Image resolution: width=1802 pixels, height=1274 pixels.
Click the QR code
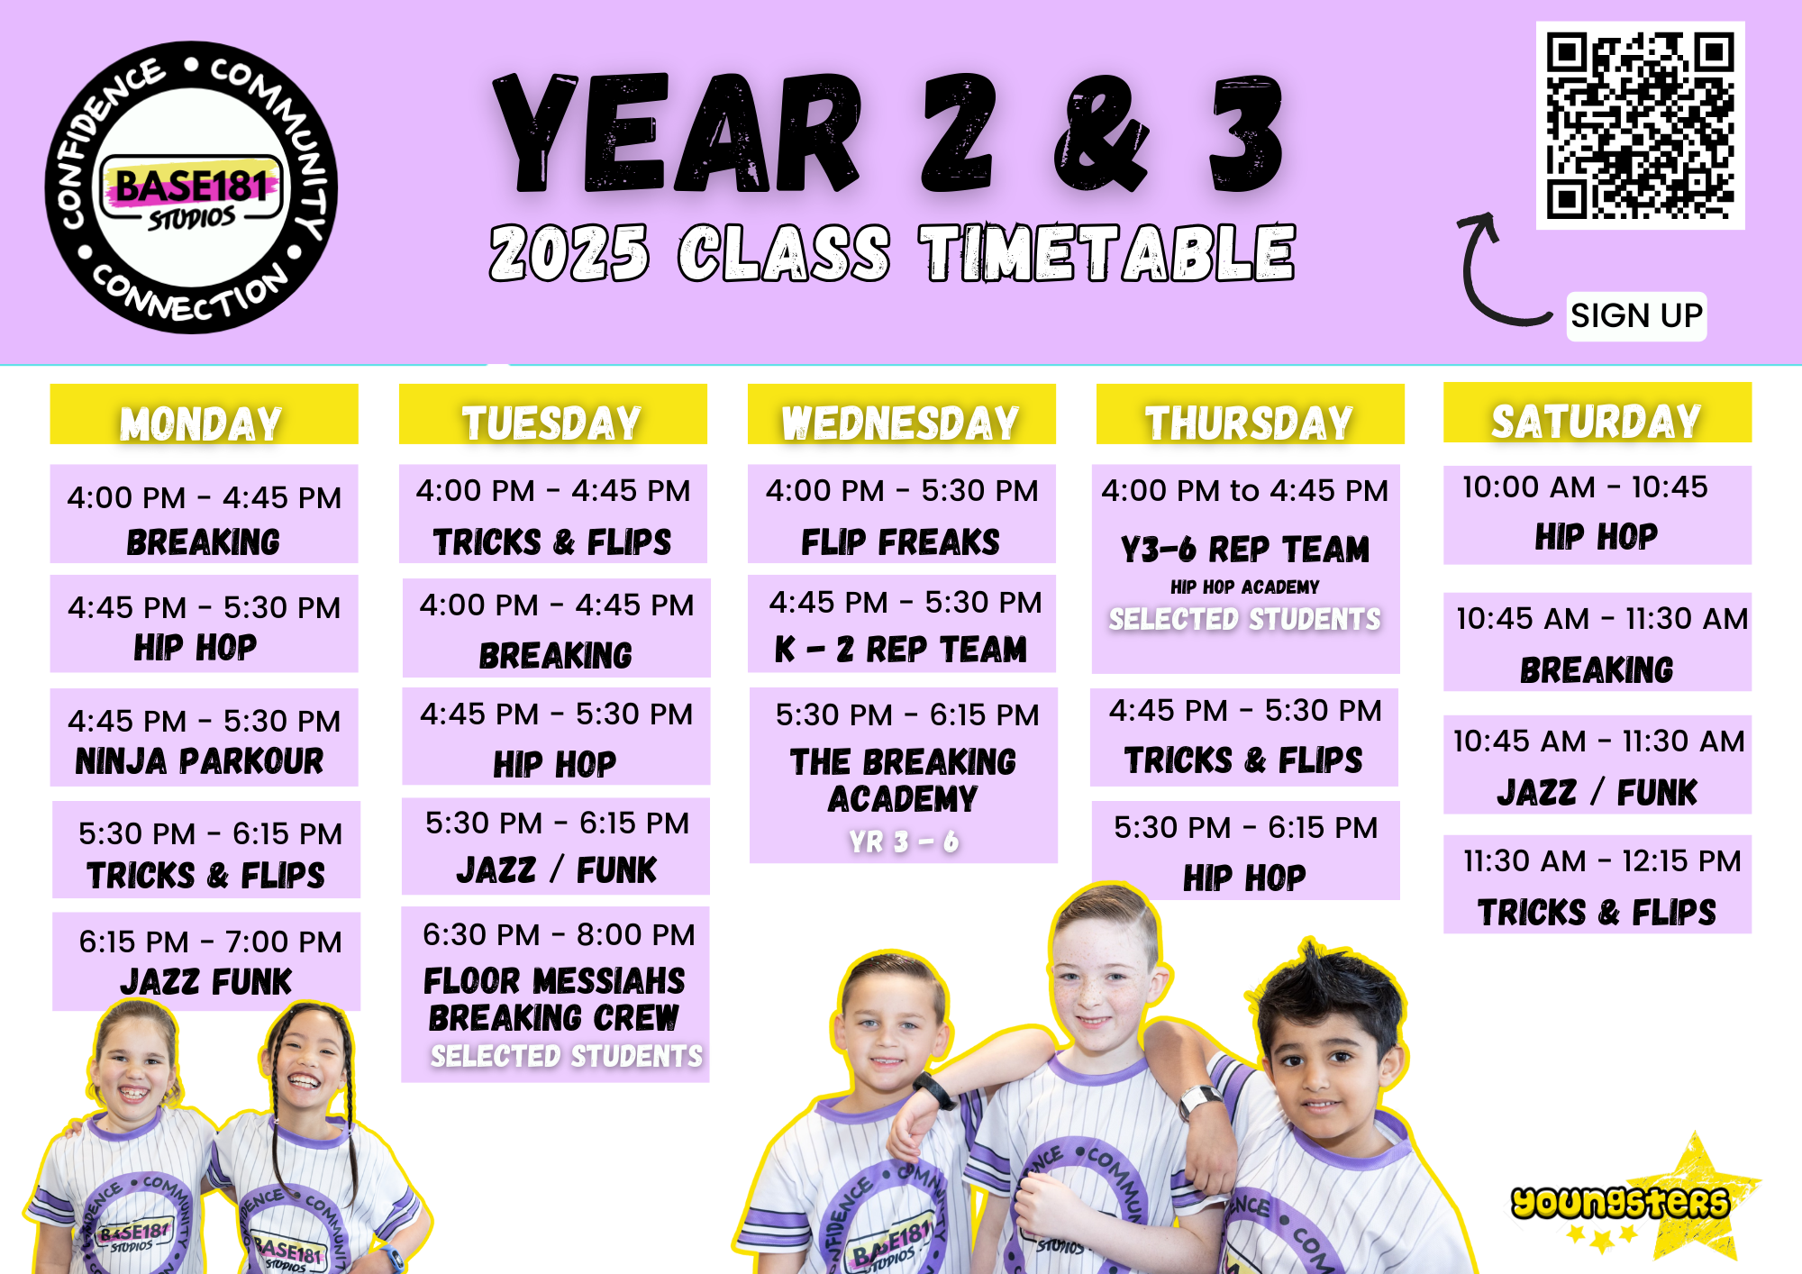click(1640, 125)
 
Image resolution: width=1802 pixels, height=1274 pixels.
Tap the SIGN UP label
click(1636, 316)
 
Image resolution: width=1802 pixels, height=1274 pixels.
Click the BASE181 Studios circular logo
click(191, 187)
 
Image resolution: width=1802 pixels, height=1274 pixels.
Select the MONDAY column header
click(204, 414)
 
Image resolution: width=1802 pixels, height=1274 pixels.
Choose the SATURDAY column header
click(1597, 413)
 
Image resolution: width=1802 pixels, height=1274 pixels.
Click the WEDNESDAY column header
click(901, 414)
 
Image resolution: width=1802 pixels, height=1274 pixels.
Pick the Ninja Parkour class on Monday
click(204, 738)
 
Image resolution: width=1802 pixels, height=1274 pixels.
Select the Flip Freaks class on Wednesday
click(901, 514)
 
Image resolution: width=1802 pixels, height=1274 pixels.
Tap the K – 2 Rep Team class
click(901, 623)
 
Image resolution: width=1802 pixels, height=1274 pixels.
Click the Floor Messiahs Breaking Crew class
click(555, 994)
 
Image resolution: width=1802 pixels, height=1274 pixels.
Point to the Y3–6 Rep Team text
click(1245, 549)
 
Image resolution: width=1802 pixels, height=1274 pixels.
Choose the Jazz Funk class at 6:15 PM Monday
click(206, 961)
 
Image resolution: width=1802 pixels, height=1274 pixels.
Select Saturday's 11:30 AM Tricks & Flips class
click(1597, 885)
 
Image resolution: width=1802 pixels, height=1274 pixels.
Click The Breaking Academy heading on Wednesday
click(903, 780)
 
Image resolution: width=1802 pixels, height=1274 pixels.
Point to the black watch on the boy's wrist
click(935, 1090)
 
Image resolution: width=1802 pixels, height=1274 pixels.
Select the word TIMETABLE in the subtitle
click(1106, 253)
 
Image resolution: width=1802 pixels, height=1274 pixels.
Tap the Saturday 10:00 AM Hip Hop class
click(1597, 514)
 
